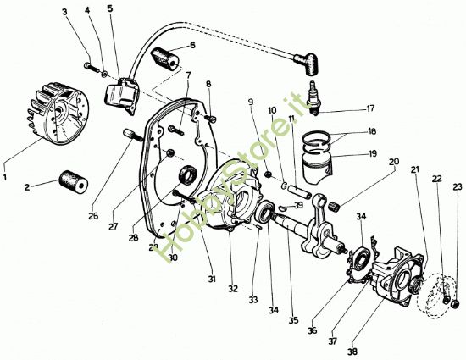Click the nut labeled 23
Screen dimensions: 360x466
tap(455, 303)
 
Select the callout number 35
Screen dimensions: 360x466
tap(294, 321)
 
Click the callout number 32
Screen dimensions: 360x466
tap(231, 289)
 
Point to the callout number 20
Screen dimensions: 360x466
tap(394, 162)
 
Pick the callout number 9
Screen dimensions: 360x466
tap(250, 102)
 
